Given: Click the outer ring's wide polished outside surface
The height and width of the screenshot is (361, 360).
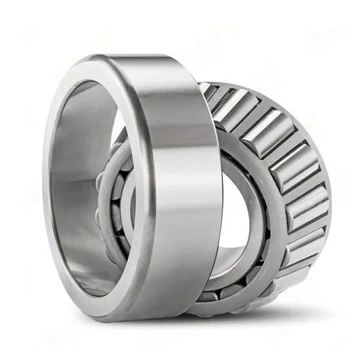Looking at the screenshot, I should click(177, 177).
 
